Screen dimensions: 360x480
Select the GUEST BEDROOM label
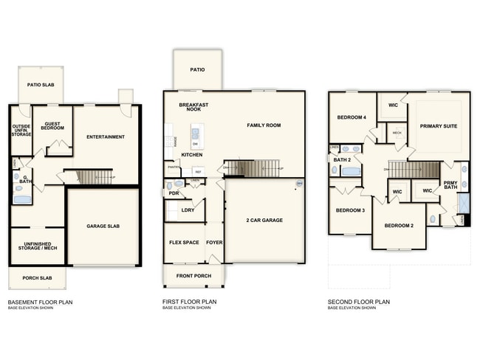[x=52, y=126]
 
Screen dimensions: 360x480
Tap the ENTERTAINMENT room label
[x=105, y=136]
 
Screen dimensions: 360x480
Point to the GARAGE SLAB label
[x=103, y=226]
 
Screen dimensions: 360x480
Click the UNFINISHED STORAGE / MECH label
[x=36, y=247]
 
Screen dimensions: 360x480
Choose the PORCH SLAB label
[x=36, y=278]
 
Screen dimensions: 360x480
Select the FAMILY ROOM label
[x=264, y=125]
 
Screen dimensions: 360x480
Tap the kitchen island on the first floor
[x=196, y=134]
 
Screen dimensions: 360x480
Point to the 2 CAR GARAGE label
[x=264, y=220]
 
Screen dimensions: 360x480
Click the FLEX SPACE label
[x=184, y=241]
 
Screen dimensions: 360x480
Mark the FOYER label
[x=214, y=241]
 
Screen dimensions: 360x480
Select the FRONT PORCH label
[x=193, y=276]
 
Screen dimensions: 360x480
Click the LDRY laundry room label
[x=188, y=210]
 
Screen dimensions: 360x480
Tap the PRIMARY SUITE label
[x=439, y=126]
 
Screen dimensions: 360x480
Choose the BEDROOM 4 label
[x=352, y=117]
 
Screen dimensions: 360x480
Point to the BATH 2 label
[x=341, y=159]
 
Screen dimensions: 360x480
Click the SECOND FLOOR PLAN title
[x=359, y=301]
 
